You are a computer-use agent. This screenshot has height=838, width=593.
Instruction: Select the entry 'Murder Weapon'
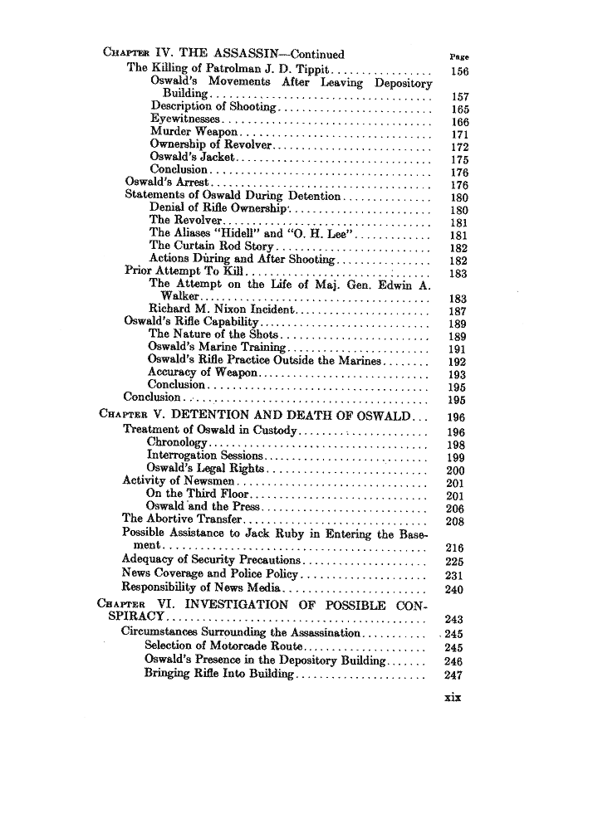[195, 132]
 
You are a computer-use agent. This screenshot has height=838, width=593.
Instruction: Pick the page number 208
[454, 522]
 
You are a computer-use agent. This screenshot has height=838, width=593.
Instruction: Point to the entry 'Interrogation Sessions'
[205, 456]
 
